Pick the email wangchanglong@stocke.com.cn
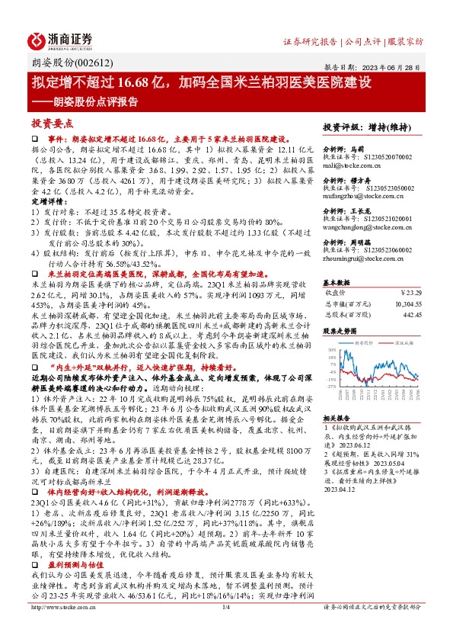coord(365,227)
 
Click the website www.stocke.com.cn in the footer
coord(53,628)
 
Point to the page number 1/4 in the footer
coord(226,628)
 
